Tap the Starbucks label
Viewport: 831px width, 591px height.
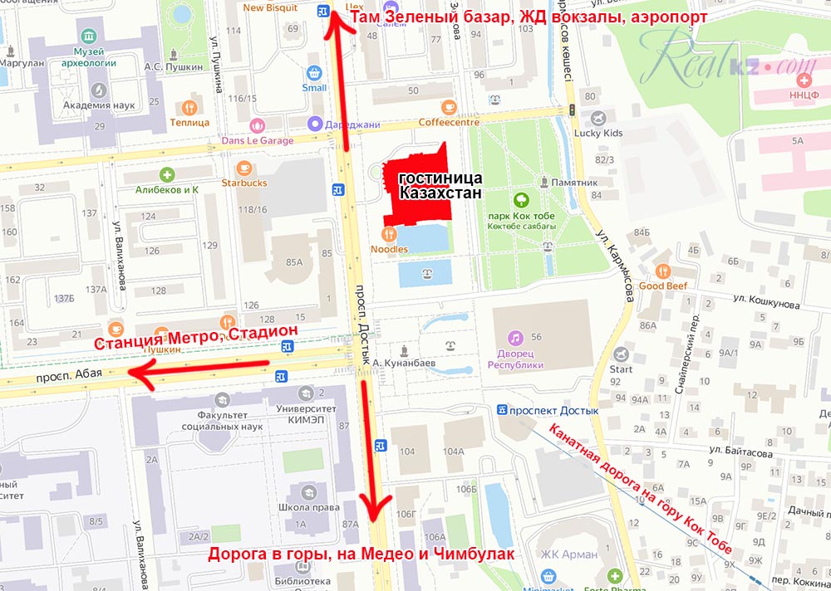coord(244,183)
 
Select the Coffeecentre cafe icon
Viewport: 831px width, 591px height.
coord(449,106)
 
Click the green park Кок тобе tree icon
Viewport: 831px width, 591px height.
coord(521,199)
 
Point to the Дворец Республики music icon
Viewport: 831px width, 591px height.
coord(515,338)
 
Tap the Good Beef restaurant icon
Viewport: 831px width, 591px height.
coord(662,271)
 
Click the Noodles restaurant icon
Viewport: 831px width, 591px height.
coord(389,233)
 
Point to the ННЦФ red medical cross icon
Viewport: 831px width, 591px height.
coord(803,81)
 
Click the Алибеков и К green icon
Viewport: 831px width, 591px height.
coord(167,174)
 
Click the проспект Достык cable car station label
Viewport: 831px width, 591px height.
coord(553,410)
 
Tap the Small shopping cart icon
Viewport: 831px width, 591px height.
coord(313,73)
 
